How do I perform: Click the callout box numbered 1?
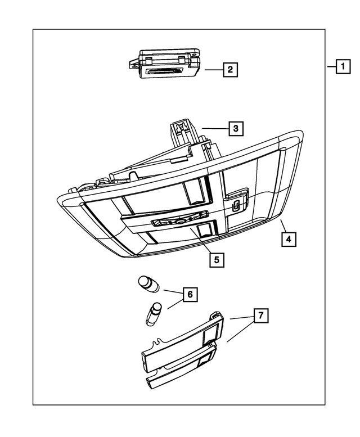tap(341, 67)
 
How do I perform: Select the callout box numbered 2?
tap(229, 70)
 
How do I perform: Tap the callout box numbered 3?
tap(236, 129)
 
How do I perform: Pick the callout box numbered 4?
tap(287, 239)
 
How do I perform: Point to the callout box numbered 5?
tap(215, 260)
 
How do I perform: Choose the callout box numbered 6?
tap(190, 294)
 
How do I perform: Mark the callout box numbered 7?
tap(260, 317)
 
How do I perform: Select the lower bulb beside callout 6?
tap(154, 313)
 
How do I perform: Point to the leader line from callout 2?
tap(213, 70)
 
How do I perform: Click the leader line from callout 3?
tap(214, 129)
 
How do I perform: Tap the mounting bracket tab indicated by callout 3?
tap(181, 132)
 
